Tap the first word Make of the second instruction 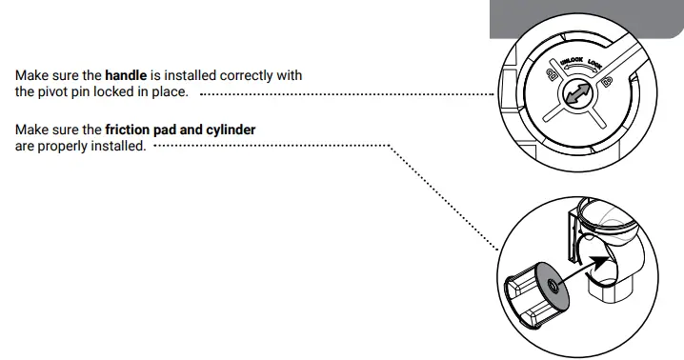point(30,129)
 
